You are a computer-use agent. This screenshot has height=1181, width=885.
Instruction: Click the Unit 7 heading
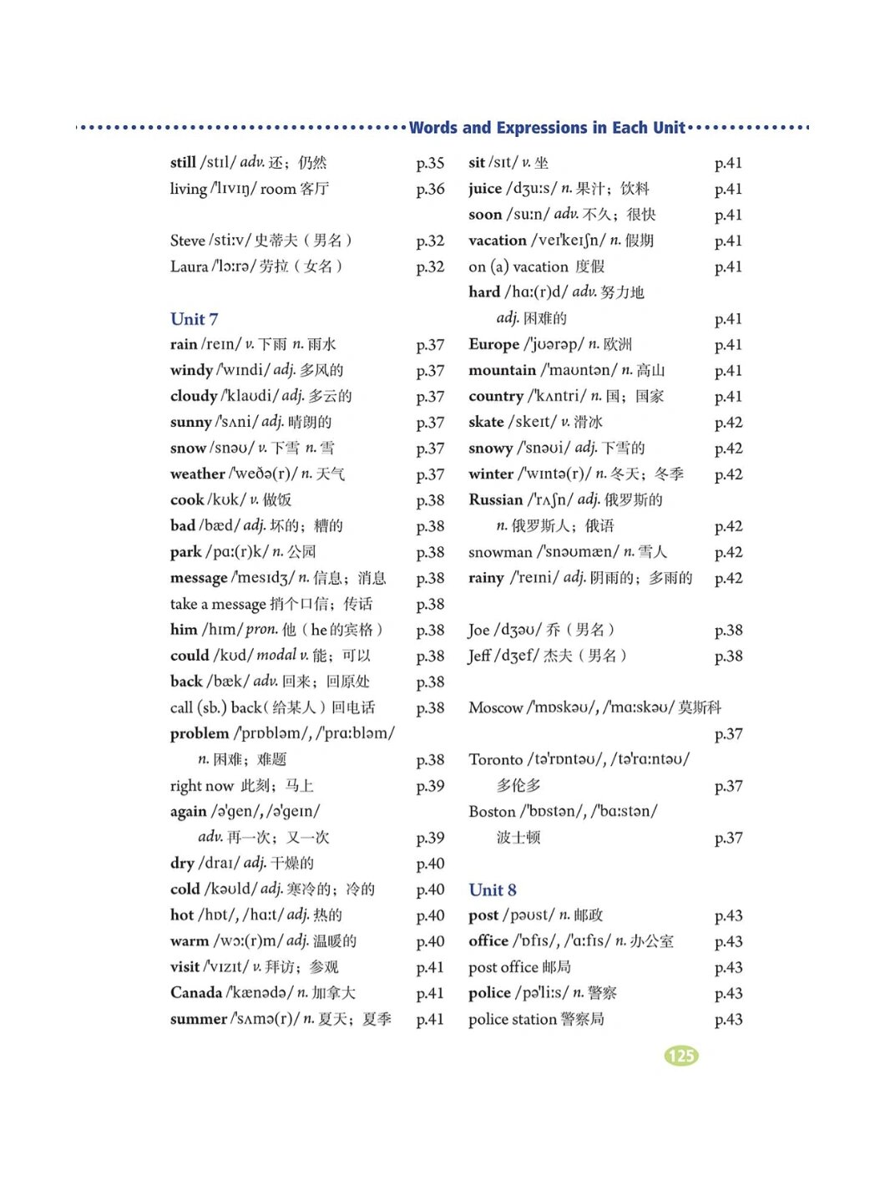194,318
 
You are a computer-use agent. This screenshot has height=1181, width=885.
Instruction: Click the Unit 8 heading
493,890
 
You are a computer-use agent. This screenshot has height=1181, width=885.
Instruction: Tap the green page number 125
681,1055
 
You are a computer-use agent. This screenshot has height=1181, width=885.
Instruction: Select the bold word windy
191,370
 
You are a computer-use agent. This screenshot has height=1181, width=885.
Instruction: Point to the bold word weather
197,474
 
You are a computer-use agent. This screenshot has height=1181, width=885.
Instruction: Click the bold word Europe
493,344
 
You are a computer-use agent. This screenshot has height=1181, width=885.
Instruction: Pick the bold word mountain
502,370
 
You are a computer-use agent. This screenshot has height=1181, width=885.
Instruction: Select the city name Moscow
495,707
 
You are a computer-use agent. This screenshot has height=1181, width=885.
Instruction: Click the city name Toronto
495,759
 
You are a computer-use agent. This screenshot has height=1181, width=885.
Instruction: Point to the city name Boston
492,811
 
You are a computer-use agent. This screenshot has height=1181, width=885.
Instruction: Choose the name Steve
188,241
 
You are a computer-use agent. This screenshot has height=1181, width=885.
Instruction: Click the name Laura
189,266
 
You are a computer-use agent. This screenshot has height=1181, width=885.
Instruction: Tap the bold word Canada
195,992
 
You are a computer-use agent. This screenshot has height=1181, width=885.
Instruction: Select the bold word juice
485,189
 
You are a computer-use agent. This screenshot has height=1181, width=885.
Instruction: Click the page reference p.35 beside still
430,163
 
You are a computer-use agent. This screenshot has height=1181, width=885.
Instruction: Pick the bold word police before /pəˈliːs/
489,992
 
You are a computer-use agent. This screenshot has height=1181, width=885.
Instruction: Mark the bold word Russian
495,499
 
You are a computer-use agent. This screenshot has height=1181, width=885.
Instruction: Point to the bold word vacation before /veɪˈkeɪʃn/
497,241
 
